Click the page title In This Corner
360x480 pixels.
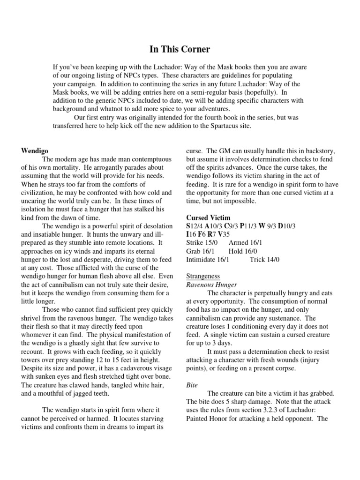(180, 49)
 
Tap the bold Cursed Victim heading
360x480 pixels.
(208, 218)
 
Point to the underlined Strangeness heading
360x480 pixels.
(203, 276)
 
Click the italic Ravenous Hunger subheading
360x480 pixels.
(211, 285)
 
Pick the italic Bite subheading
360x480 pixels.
(192, 385)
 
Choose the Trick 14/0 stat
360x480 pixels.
(265, 259)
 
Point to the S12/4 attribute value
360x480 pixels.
(195, 226)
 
